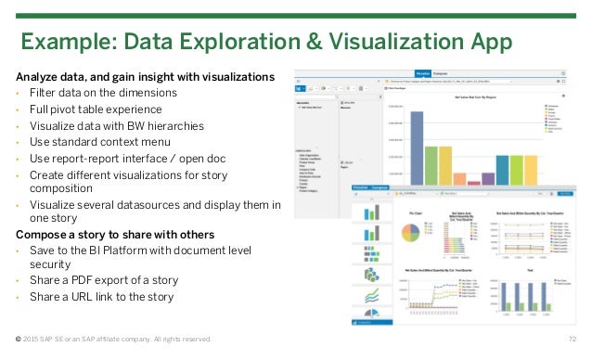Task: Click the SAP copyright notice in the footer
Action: (112, 340)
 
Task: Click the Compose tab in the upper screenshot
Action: (441, 72)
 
